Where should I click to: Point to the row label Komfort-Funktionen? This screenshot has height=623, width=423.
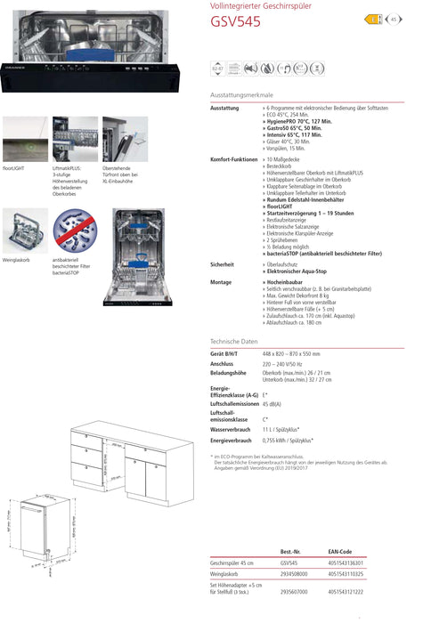click(233, 158)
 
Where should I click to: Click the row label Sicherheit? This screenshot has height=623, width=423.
click(222, 264)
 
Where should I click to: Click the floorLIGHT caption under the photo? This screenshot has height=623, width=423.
click(15, 166)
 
